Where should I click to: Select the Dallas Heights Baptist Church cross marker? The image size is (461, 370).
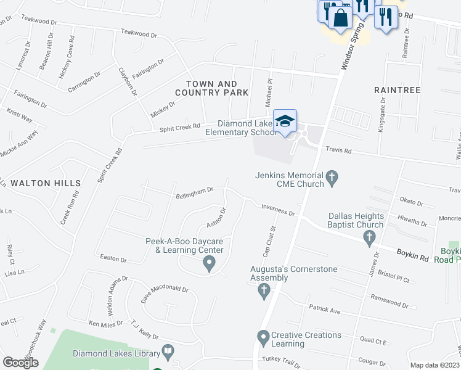pos(369,237)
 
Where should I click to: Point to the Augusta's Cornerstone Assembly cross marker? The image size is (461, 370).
pos(264,289)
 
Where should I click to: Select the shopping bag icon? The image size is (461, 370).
pos(340,17)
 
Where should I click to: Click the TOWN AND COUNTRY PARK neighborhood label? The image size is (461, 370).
pos(211,88)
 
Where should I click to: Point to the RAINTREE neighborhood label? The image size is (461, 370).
pos(398,90)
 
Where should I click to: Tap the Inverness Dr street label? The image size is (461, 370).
pos(278,210)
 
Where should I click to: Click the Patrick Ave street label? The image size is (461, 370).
pos(324,311)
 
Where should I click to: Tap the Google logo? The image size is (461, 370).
pos(21,362)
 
